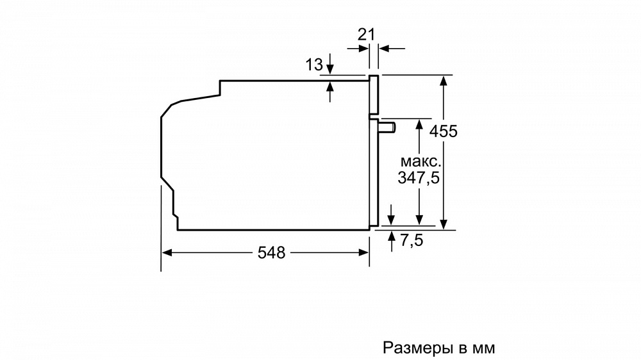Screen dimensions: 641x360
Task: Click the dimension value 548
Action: [271, 253]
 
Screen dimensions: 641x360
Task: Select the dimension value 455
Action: [443, 131]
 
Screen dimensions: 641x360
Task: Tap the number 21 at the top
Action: [366, 35]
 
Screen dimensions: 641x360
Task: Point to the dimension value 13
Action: [314, 65]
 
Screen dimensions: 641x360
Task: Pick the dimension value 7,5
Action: [412, 240]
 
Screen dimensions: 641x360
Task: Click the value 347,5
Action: [418, 177]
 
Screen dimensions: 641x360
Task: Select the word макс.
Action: [420, 161]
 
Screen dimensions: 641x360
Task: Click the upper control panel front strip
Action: [374, 94]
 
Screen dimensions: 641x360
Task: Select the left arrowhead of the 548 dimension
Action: [167, 253]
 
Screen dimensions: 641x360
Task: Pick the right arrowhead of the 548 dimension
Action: [364, 253]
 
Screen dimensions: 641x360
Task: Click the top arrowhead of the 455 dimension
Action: [444, 80]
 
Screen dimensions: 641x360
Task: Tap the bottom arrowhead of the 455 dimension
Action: [444, 224]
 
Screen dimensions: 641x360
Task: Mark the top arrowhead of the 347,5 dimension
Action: [419, 124]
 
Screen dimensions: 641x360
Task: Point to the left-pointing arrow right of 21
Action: [392, 49]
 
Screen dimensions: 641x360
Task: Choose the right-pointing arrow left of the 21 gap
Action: [358, 49]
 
